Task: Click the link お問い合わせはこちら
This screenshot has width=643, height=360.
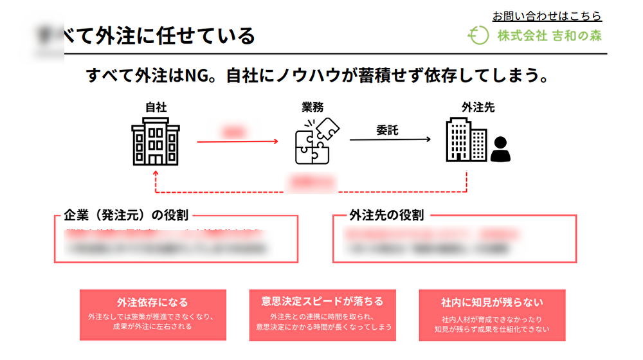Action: [547, 16]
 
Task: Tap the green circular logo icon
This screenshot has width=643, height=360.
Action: [478, 36]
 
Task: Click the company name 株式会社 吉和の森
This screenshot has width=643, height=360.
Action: [550, 36]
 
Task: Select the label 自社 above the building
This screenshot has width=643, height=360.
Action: [156, 107]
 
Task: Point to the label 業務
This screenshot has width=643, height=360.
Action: [312, 107]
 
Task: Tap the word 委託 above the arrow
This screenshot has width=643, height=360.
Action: [387, 130]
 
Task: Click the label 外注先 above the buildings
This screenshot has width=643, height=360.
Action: [473, 107]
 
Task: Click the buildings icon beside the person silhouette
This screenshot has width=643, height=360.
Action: [466, 141]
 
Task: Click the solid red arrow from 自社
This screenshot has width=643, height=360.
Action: [237, 141]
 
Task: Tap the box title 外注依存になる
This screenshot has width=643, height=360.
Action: [152, 302]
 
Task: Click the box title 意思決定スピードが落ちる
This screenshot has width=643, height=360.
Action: [322, 301]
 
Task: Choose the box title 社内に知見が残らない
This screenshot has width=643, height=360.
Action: [492, 302]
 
